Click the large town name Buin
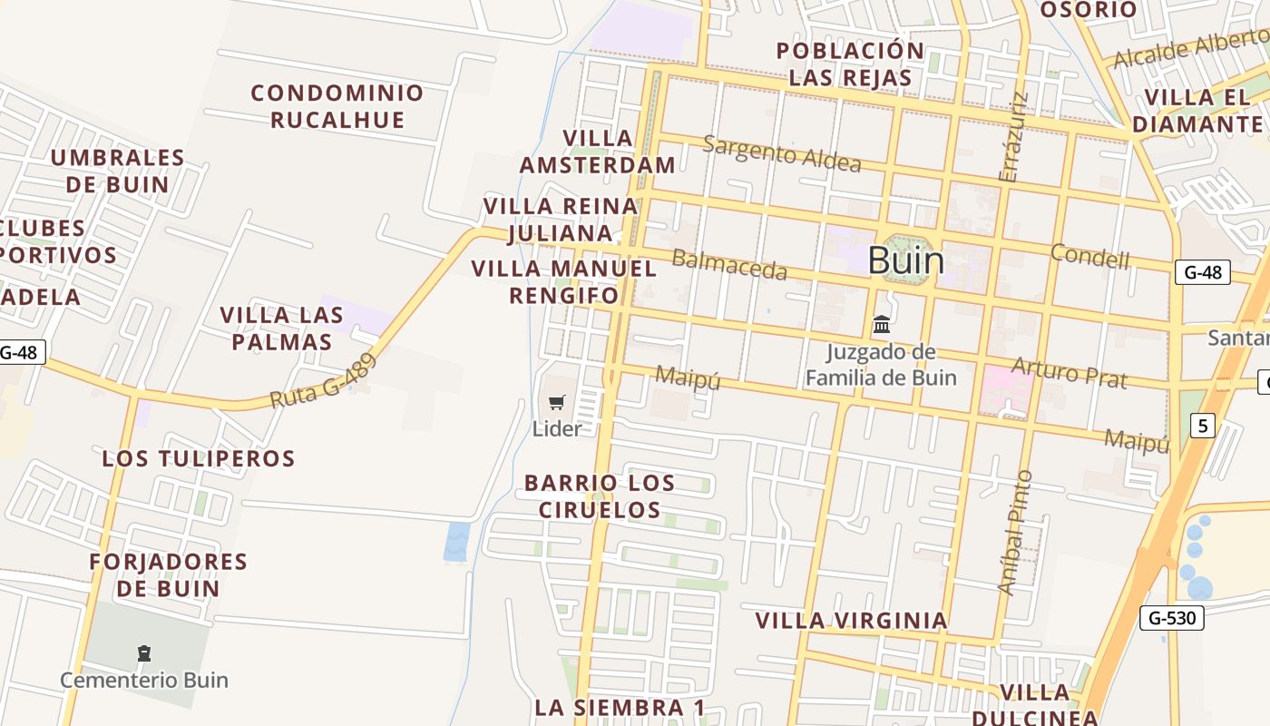(x=905, y=260)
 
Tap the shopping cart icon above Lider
(x=557, y=402)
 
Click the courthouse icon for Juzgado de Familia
(x=881, y=324)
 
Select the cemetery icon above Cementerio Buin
(x=143, y=652)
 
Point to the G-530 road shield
(x=1171, y=618)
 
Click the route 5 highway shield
(x=1202, y=426)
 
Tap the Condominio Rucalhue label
(x=337, y=105)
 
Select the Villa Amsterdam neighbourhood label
(x=597, y=151)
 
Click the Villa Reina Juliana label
(x=560, y=220)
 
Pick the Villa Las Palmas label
(x=281, y=329)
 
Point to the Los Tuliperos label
(x=199, y=458)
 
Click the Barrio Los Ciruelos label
(x=600, y=496)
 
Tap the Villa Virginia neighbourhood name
(x=852, y=621)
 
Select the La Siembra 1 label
(x=620, y=707)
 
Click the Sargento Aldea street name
(x=782, y=153)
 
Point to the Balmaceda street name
(x=729, y=265)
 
